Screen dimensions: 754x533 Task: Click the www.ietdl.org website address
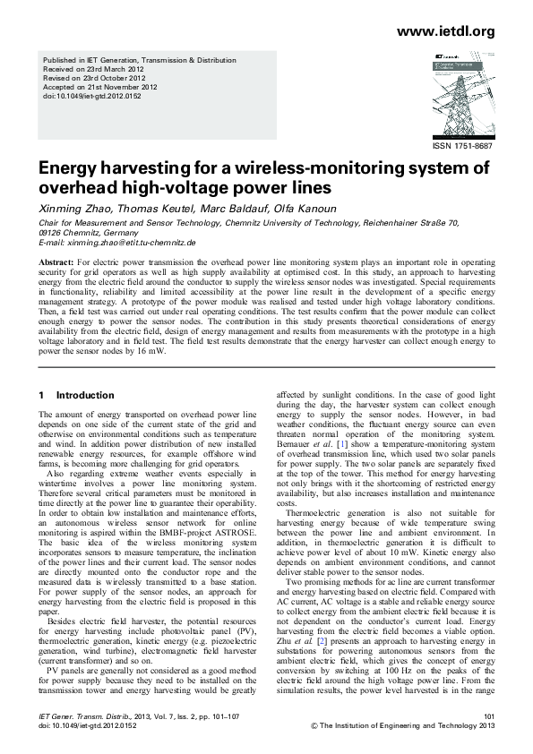tap(445, 31)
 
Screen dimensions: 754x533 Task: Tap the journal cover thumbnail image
tap(457, 94)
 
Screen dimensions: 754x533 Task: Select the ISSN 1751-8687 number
tap(463, 145)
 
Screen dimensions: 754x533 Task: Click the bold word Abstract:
tap(56, 261)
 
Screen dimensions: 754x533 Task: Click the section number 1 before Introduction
tap(41, 395)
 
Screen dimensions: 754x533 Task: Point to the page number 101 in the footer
tap(488, 716)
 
